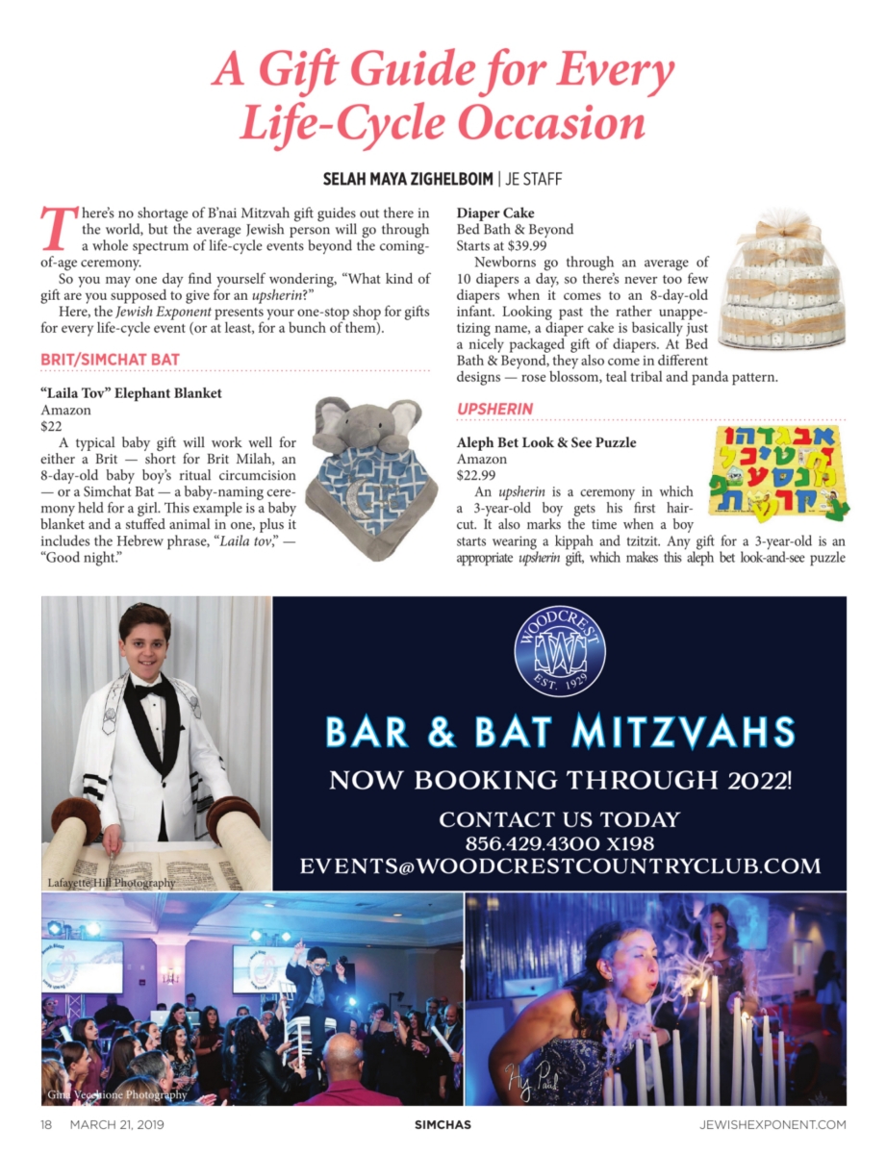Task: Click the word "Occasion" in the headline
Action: [x=550, y=123]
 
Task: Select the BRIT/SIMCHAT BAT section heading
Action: [x=110, y=361]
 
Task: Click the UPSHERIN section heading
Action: [x=494, y=410]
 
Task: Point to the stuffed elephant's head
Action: [x=367, y=422]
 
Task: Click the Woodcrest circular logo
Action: [x=560, y=651]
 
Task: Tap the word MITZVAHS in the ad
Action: [x=684, y=733]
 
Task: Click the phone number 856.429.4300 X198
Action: [x=560, y=843]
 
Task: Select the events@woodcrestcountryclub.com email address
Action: [x=560, y=865]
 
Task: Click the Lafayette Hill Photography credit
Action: [x=112, y=883]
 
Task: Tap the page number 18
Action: [x=46, y=1123]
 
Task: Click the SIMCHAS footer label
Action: [x=443, y=1123]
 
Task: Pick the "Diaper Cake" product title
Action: [x=495, y=213]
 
